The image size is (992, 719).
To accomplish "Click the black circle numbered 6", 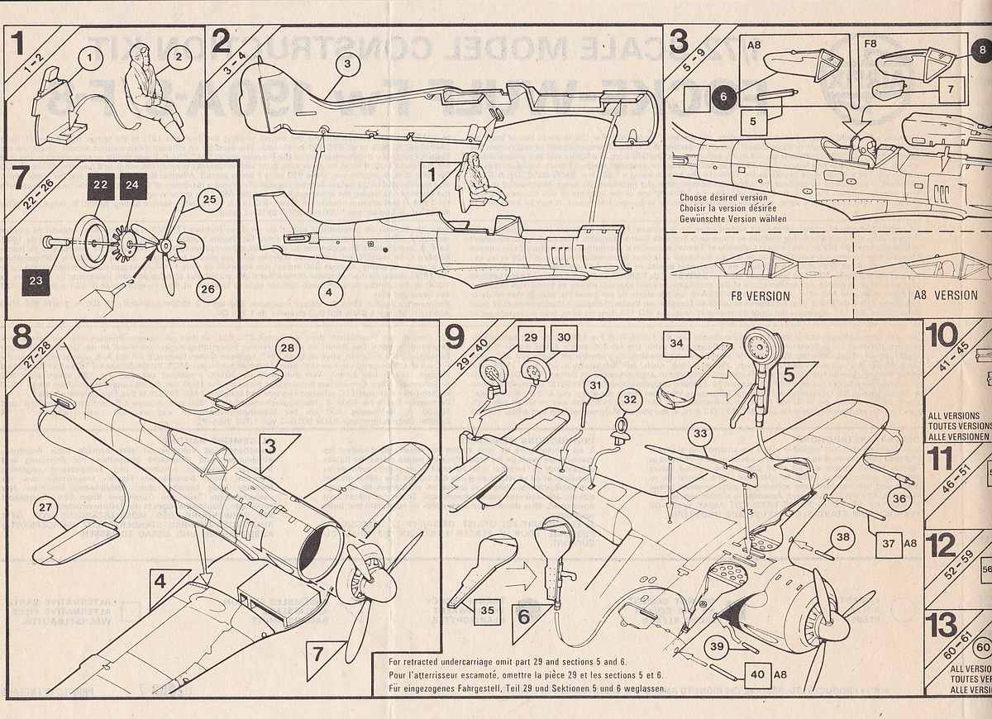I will click(723, 96).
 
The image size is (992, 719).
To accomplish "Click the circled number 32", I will click(630, 400).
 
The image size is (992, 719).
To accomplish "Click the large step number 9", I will click(455, 336).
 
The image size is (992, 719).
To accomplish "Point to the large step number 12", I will click(942, 545).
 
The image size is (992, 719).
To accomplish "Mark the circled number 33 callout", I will click(700, 433).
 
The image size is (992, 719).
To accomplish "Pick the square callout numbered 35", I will click(487, 610).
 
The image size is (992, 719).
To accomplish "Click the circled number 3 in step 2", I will click(348, 63).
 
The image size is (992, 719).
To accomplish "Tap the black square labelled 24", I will click(131, 187).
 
